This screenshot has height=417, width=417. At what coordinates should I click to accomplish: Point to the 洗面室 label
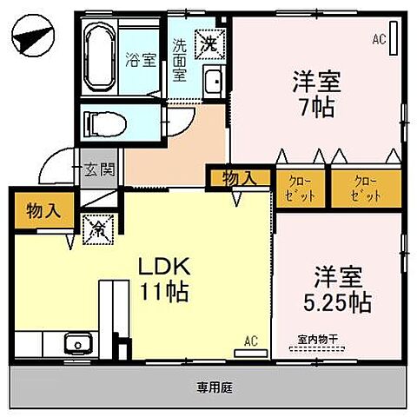point(180,59)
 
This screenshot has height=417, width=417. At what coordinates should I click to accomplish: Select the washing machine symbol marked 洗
point(209,40)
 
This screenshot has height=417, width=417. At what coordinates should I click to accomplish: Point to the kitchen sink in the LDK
point(75,341)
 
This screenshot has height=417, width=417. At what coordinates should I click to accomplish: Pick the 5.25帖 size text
point(340,301)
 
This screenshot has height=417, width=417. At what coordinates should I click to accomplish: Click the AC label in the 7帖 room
point(379,38)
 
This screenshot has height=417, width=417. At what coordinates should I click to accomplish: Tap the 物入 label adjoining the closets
point(239,178)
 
